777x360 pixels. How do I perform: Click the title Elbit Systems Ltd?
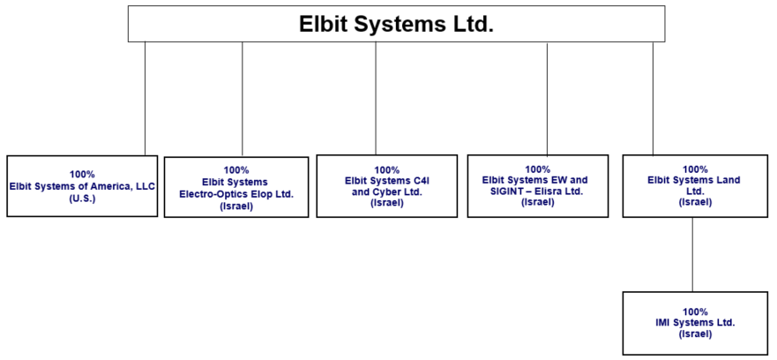coord(396,24)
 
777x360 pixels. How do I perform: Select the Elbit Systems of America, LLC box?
coord(82,186)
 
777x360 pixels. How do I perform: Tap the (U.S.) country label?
coord(82,198)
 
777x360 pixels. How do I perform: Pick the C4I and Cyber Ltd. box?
coord(386,186)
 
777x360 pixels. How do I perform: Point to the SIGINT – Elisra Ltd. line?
coord(537,191)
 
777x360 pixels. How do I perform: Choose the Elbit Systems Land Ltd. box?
coord(694,186)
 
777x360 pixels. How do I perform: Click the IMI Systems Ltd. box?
coord(694,323)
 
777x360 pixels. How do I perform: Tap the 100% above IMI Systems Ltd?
coord(695,311)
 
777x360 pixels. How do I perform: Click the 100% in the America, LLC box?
coord(82,175)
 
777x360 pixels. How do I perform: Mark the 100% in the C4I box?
coord(386,169)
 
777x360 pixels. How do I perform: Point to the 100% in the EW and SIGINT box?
coord(537,169)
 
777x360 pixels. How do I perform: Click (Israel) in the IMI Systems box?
coord(694,334)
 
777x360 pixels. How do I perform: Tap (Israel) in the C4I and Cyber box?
coord(386,203)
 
